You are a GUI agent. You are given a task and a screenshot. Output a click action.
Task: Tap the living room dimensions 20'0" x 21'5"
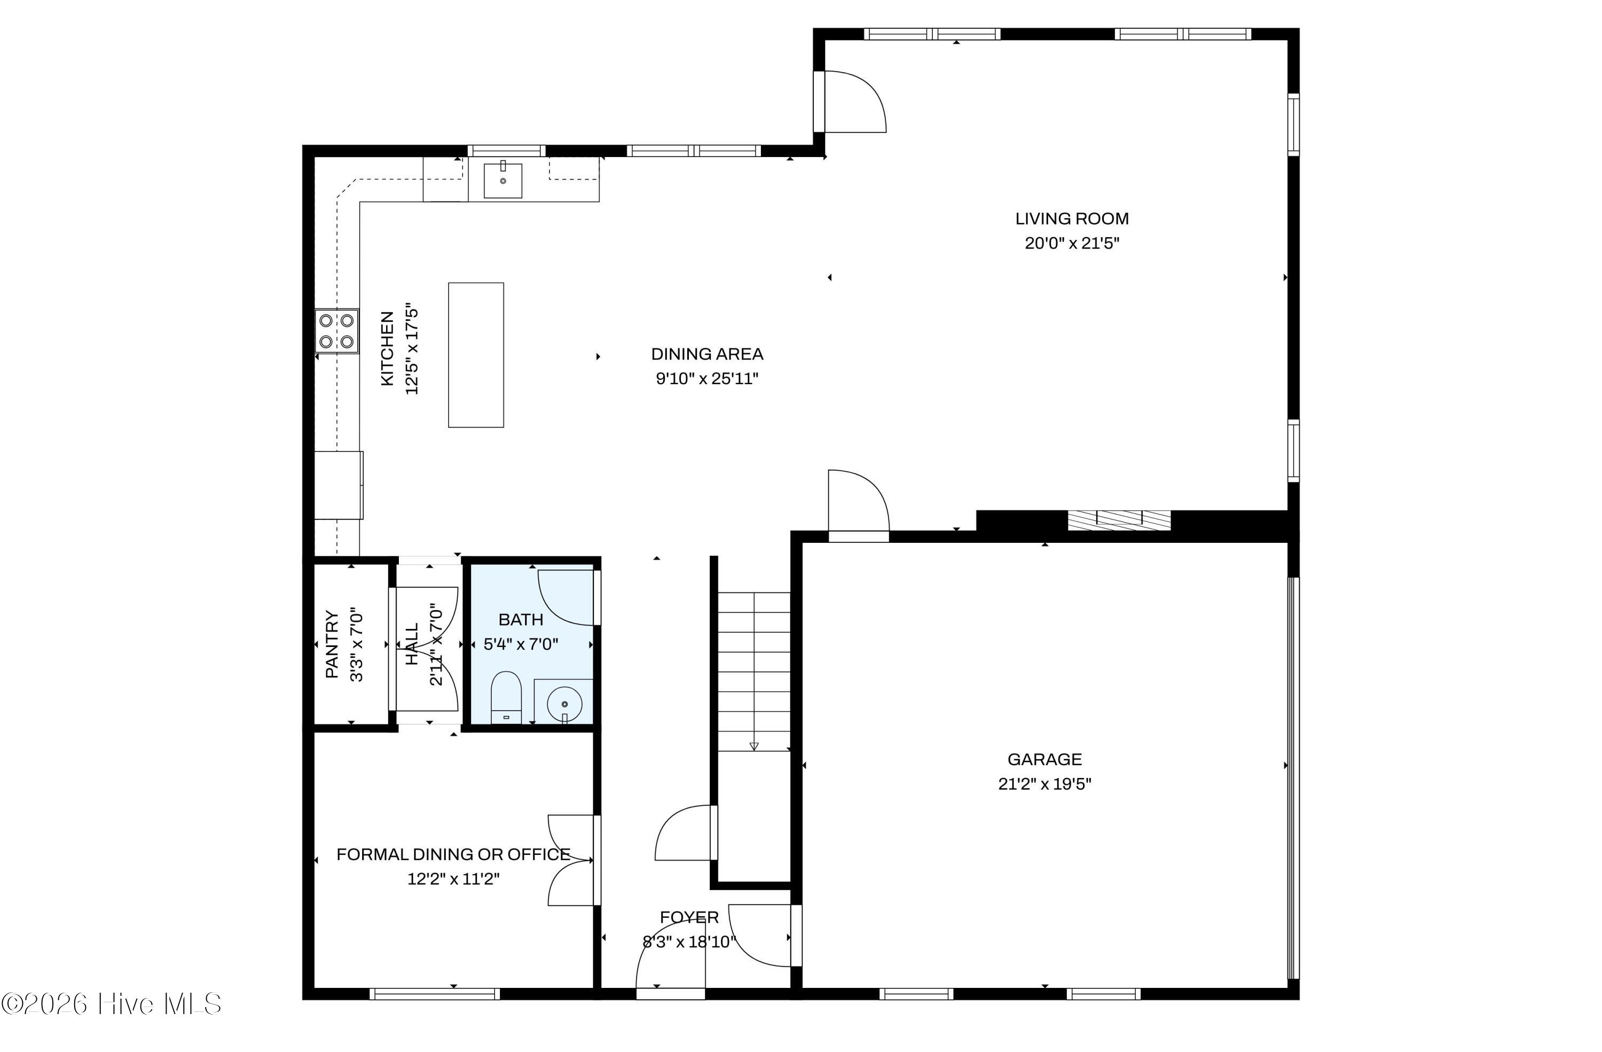pos(1072,243)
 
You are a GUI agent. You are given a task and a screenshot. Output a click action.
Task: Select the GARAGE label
pos(1045,759)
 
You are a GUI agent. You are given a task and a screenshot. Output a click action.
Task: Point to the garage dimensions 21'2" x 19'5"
pos(1045,784)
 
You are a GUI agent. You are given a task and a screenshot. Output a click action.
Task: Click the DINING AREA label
pos(707,354)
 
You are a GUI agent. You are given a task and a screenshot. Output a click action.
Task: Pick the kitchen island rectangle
pos(476,355)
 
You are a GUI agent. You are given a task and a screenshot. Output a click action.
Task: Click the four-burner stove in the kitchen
pos(336,331)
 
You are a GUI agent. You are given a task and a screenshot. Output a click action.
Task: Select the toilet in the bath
pos(506,697)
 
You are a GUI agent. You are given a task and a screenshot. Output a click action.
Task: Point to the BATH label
pos(520,619)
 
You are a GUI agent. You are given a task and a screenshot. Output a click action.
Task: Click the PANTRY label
pos(332,644)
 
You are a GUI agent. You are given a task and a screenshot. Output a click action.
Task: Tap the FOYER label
pos(689,917)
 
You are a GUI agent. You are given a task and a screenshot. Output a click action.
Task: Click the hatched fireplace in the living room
pos(1119,520)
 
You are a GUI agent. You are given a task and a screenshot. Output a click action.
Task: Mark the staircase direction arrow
pos(754,745)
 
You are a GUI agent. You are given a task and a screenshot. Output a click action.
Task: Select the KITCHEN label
pos(387,348)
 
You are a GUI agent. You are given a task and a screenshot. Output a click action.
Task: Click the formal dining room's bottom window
pos(435,993)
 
